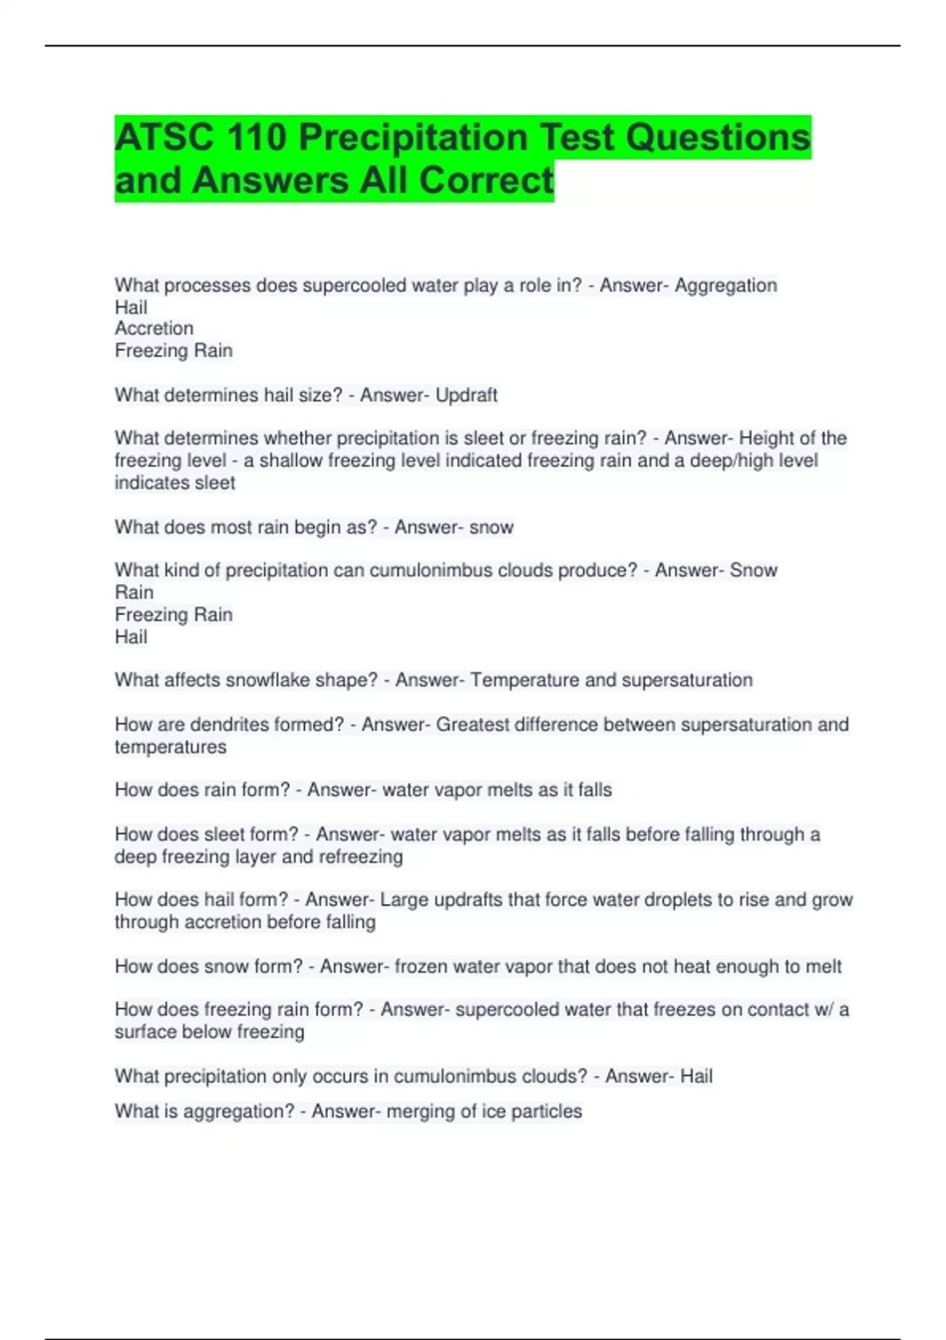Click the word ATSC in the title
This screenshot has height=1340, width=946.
(163, 138)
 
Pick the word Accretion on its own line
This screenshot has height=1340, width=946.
(154, 329)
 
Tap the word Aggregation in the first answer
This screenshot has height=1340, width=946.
(725, 285)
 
